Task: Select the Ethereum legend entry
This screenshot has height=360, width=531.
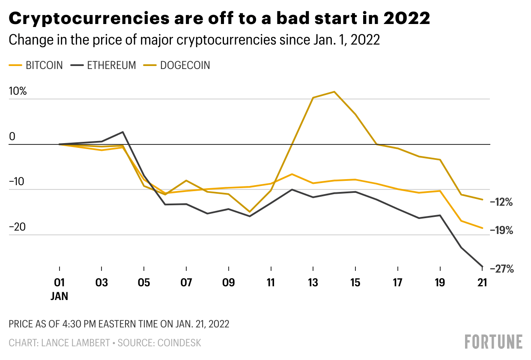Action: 104,66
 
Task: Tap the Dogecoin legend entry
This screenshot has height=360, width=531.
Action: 179,66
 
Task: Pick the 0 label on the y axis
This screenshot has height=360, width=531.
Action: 12,137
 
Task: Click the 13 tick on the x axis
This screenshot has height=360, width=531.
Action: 313,283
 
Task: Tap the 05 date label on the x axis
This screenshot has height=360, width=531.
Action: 144,283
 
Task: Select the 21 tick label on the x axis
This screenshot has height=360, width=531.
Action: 483,283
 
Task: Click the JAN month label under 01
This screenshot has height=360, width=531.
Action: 60,296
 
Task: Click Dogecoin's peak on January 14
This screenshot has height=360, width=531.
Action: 334,92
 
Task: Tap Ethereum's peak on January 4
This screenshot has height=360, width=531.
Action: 123,132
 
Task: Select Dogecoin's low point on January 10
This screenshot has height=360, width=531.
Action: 250,212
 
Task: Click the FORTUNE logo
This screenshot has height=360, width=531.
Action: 493,342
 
